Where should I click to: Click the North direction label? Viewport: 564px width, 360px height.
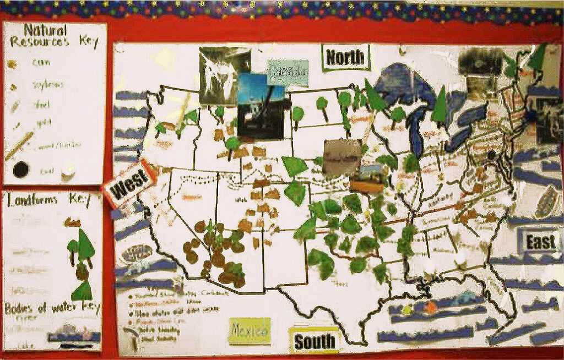coord(345,57)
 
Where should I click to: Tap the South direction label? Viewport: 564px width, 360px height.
coord(314,341)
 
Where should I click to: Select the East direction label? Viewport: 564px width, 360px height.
coord(540,242)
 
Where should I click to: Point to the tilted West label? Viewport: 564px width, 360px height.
coord(131,183)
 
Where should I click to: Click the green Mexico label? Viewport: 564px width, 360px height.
coord(250,331)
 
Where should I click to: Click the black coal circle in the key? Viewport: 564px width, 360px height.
coord(21,170)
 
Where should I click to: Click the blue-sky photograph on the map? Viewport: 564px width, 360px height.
coord(261,106)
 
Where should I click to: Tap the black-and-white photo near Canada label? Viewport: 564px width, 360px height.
coord(219,75)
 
